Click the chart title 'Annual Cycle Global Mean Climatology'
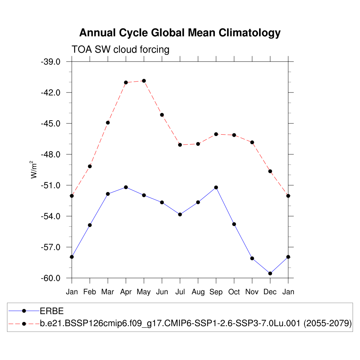pos(180,33)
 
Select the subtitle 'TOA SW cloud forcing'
pos(120,50)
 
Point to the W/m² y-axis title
pos(34,169)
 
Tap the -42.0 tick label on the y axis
pos(51,93)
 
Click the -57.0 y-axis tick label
pos(51,247)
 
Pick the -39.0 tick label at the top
pos(51,62)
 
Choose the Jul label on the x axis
pos(180,292)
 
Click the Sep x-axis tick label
pos(216,292)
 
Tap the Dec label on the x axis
pos(270,292)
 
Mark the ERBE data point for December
pos(270,274)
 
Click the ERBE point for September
pos(216,187)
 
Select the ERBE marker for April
pos(126,187)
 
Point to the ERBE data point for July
pos(180,214)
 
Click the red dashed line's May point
pos(144,81)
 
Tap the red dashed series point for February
pos(90,166)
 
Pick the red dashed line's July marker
pos(180,145)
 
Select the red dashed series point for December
pos(270,171)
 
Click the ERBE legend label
pos(51,311)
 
